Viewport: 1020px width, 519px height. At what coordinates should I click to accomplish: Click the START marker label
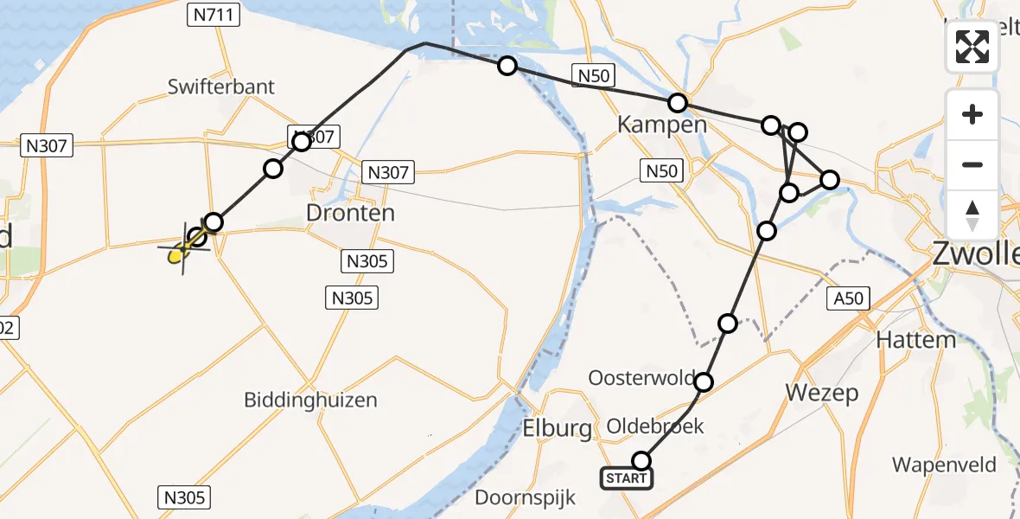click(x=627, y=478)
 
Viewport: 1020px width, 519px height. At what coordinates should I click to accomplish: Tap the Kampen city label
click(x=661, y=125)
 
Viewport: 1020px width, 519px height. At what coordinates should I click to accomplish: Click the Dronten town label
click(x=351, y=213)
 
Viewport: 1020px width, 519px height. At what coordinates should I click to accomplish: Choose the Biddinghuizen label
click(x=310, y=400)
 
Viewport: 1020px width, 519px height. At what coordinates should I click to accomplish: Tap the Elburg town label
click(x=557, y=427)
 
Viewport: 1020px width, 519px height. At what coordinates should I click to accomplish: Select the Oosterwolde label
click(x=642, y=378)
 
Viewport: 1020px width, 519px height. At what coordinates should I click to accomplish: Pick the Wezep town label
click(x=822, y=394)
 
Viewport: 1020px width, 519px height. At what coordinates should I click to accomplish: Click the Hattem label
click(x=916, y=340)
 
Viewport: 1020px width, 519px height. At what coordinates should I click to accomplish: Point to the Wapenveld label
click(x=944, y=465)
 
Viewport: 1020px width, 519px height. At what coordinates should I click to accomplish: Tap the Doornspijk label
click(x=518, y=498)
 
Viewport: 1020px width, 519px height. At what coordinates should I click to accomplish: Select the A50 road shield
click(x=848, y=299)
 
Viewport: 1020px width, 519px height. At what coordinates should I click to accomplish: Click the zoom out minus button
click(x=972, y=164)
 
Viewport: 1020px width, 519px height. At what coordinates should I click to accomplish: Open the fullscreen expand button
click(x=972, y=47)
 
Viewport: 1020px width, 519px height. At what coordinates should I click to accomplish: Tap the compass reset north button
click(x=972, y=215)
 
